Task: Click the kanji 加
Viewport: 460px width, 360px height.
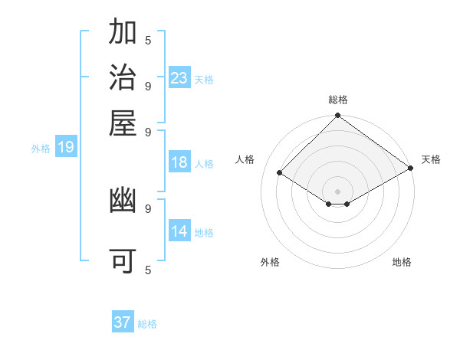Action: pos(123,33)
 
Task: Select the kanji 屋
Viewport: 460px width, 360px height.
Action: pos(123,122)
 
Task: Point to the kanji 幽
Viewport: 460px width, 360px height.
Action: pos(123,201)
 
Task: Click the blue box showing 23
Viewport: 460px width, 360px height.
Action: pos(179,78)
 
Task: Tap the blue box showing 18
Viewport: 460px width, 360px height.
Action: pos(179,162)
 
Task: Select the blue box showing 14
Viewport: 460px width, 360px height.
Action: pos(179,231)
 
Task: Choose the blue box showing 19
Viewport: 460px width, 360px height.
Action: pos(66,148)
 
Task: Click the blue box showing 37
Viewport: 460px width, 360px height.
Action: pos(123,322)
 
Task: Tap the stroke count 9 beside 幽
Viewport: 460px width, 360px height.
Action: pos(148,208)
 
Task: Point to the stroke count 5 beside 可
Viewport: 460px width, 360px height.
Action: pos(148,270)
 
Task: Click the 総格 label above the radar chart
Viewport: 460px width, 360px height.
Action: pos(337,100)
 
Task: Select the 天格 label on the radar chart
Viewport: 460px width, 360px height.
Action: pos(431,159)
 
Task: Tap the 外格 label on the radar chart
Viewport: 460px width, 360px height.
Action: pos(270,262)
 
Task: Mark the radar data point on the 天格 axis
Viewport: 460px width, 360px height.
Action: pos(411,169)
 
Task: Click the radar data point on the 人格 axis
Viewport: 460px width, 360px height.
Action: pos(280,173)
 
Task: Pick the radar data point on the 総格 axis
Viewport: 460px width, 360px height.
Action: pos(337,116)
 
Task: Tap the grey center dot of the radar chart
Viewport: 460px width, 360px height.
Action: pos(337,191)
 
